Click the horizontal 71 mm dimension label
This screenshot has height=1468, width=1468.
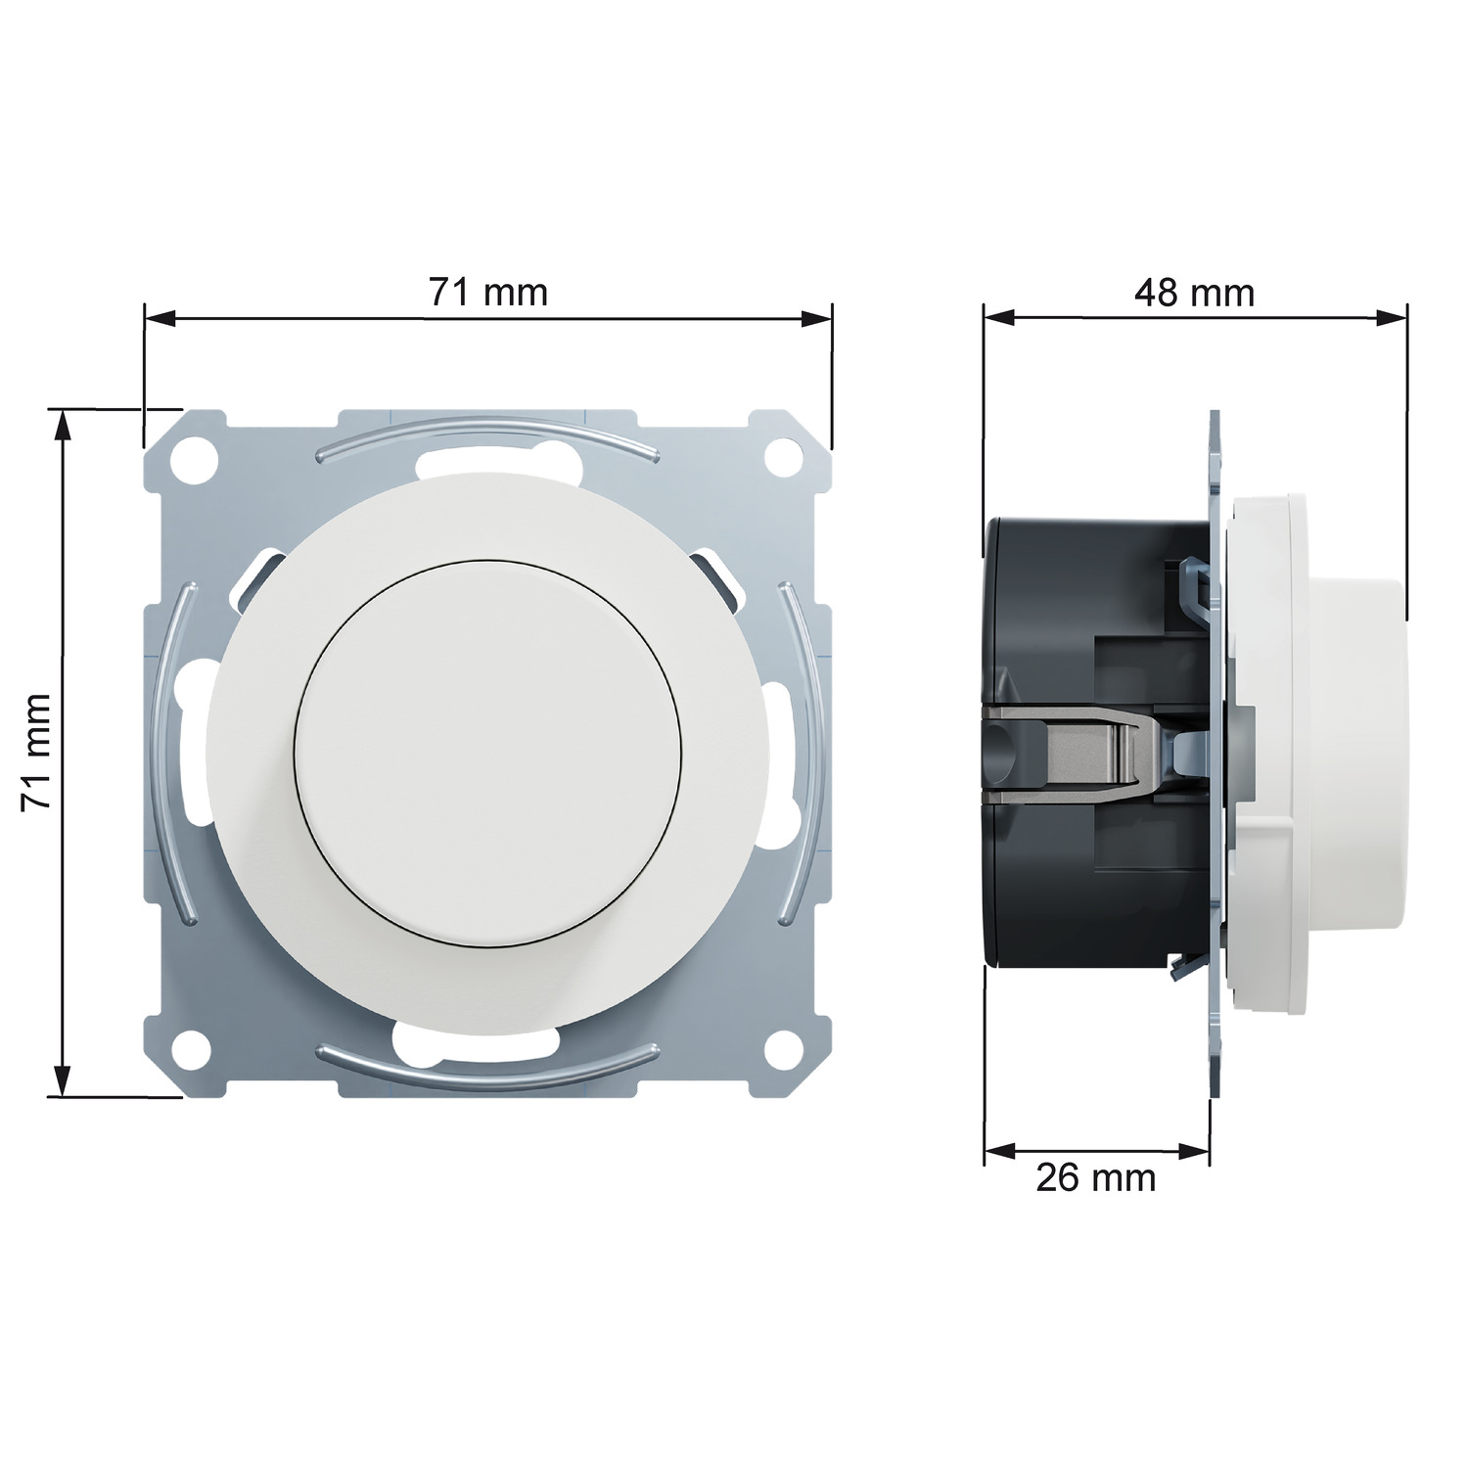488,292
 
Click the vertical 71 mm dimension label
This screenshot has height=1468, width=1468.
36,752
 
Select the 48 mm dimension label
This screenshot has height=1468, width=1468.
1194,293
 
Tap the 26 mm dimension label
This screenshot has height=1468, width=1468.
1096,1177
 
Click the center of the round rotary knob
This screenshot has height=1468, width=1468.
487,752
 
